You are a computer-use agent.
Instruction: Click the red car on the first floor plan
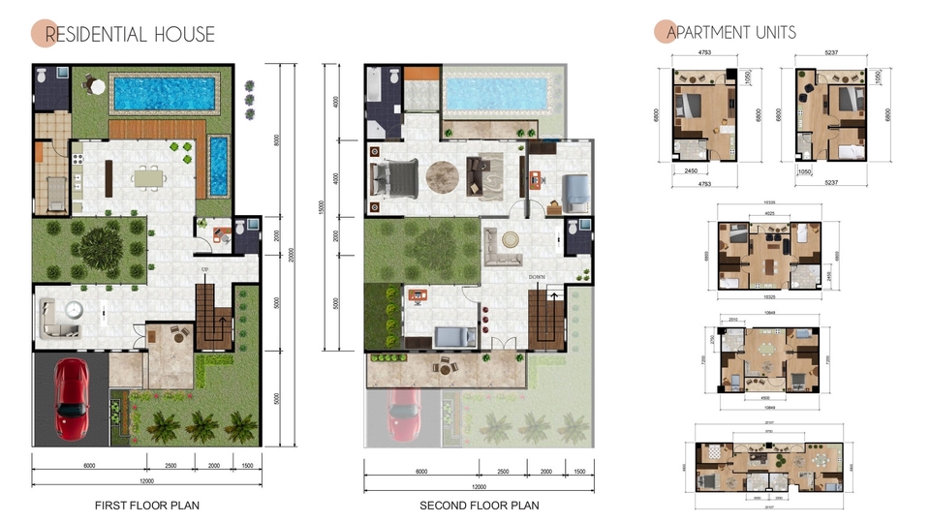click(x=73, y=398)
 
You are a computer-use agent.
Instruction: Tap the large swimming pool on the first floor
click(x=164, y=94)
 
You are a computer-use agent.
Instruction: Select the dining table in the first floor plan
click(x=149, y=177)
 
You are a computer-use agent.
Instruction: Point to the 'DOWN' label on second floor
click(x=538, y=277)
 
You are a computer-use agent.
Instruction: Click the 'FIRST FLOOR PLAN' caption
click(x=147, y=506)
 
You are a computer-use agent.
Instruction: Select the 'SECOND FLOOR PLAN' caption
click(x=479, y=506)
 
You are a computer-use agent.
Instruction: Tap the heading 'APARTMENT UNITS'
click(x=731, y=33)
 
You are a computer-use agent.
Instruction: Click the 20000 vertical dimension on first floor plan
click(x=293, y=254)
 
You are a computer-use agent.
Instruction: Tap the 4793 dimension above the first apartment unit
click(x=698, y=54)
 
